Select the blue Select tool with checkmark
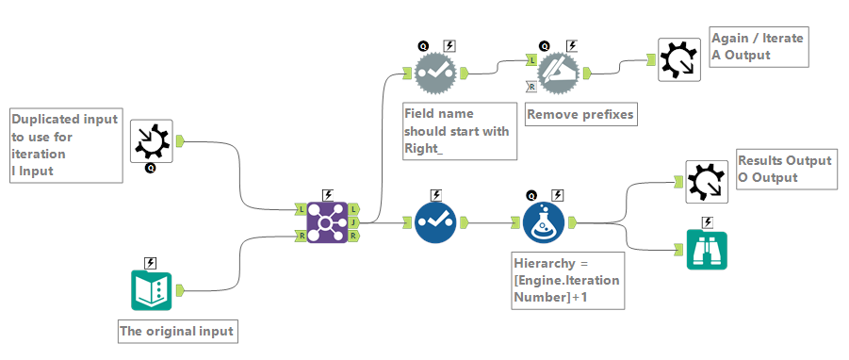pos(434,223)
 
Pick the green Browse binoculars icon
pos(707,250)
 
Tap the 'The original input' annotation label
pos(176,332)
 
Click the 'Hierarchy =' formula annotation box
pos(567,280)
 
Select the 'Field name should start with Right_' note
pos(458,131)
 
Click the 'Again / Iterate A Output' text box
pos(759,47)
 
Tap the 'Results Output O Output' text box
pos(786,169)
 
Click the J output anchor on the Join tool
pos(354,223)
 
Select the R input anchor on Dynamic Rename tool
pos(531,86)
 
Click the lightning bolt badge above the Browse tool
pos(707,222)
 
